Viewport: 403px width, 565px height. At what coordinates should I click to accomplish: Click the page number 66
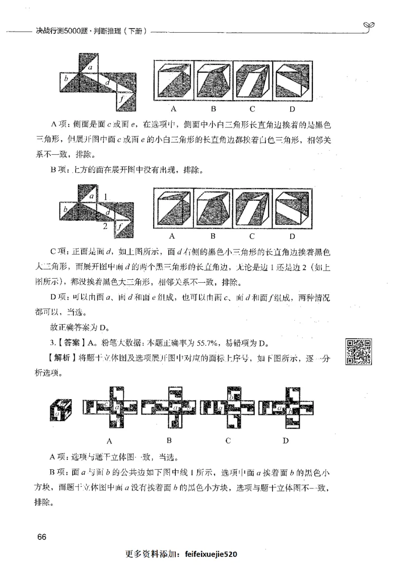pyautogui.click(x=41, y=536)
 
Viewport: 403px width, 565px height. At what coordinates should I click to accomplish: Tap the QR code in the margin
pyautogui.click(x=359, y=351)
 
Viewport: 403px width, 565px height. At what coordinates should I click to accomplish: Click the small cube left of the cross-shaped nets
pyautogui.click(x=61, y=409)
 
